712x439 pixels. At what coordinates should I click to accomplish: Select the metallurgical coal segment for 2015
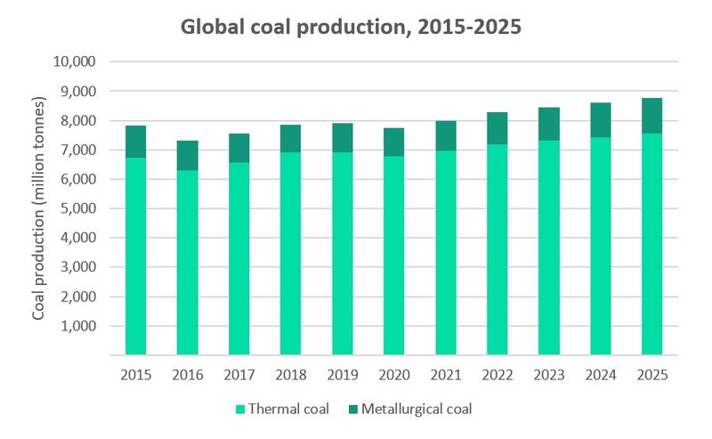pyautogui.click(x=135, y=142)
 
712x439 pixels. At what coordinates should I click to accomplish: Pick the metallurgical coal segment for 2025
pyautogui.click(x=651, y=116)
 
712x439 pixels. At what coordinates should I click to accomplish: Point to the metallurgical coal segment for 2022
pyautogui.click(x=497, y=128)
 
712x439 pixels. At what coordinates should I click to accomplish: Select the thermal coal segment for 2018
pyautogui.click(x=290, y=254)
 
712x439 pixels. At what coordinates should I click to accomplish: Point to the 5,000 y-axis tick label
pyautogui.click(x=79, y=208)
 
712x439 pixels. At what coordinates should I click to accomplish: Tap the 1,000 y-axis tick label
pyautogui.click(x=79, y=326)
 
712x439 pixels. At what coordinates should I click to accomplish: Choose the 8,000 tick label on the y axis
pyautogui.click(x=79, y=121)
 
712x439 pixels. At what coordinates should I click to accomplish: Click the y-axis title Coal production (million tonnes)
pyautogui.click(x=39, y=209)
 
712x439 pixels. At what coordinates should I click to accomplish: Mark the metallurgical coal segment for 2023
pyautogui.click(x=548, y=124)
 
